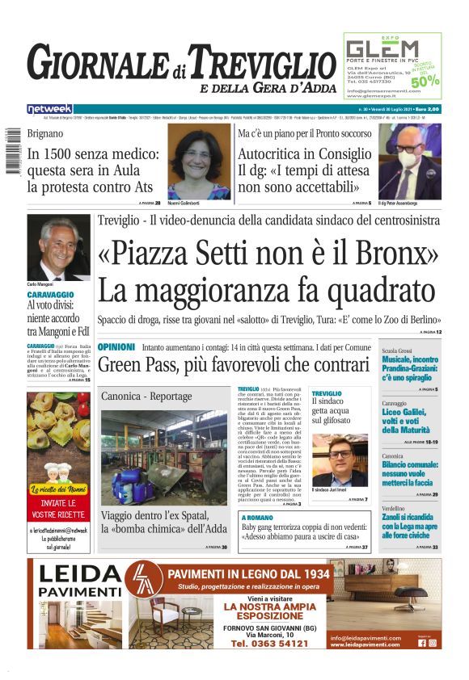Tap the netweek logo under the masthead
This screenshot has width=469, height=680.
click(x=49, y=109)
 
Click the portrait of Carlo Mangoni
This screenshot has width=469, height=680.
click(x=59, y=246)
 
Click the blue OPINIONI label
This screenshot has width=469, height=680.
click(x=116, y=346)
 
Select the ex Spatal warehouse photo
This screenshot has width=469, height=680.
click(x=163, y=457)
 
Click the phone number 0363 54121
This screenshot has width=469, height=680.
click(x=269, y=644)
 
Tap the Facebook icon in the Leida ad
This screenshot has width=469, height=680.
click(x=422, y=643)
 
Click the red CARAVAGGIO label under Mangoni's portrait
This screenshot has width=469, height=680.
click(x=50, y=296)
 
